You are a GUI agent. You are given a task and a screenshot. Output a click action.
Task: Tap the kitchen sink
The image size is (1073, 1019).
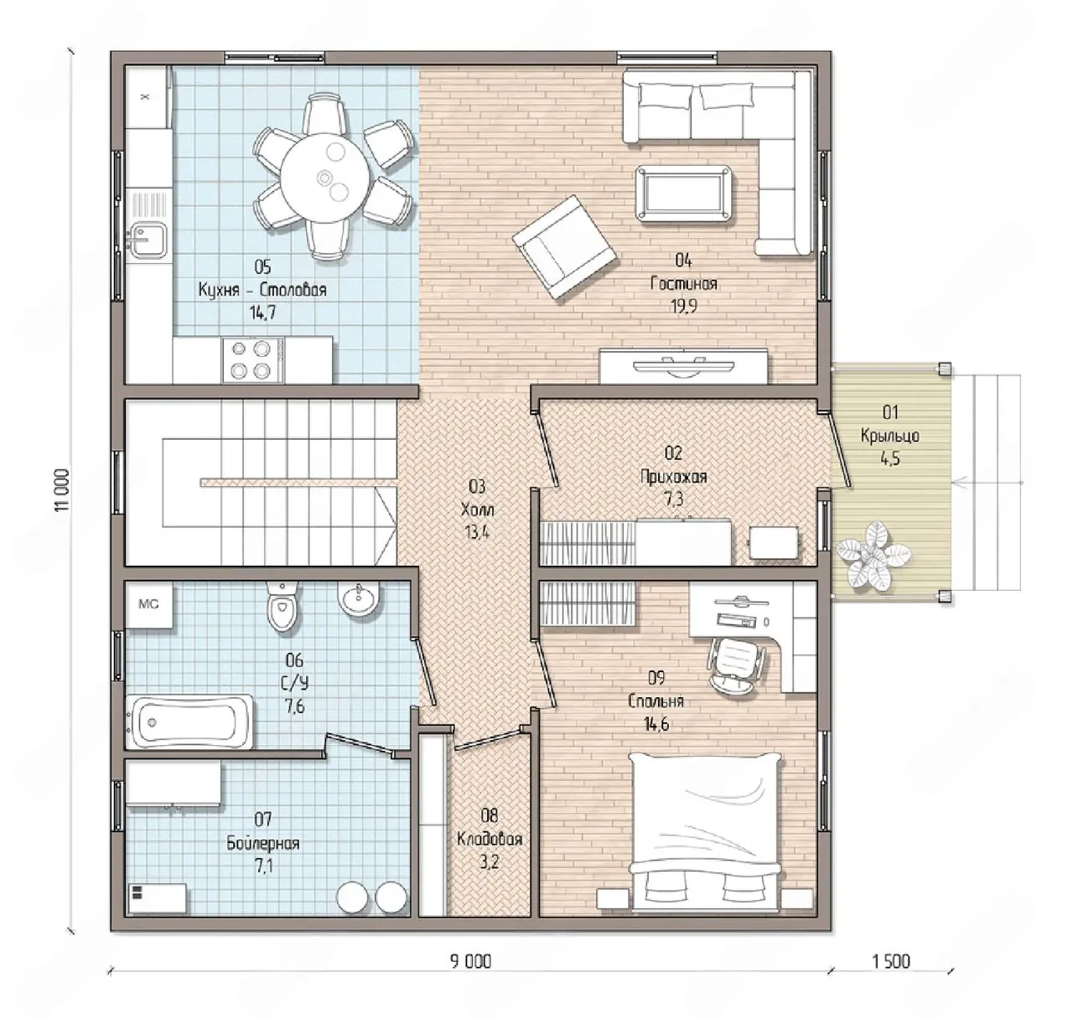[x=146, y=239]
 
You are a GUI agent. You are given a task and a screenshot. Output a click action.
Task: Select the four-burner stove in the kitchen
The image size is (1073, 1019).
[x=252, y=359]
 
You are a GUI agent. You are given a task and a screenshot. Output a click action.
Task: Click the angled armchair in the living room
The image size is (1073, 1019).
[x=564, y=246]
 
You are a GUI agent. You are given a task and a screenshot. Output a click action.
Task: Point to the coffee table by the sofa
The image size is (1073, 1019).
[x=682, y=194]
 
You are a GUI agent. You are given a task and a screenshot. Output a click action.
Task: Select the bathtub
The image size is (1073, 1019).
[x=189, y=722]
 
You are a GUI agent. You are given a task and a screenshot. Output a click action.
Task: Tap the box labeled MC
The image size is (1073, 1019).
[x=149, y=605]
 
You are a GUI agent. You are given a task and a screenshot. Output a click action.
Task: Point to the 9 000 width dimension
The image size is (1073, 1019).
[x=470, y=961]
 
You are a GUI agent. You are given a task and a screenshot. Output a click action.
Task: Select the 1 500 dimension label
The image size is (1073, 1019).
[x=891, y=961]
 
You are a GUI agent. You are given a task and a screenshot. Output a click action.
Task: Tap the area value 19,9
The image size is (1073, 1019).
[x=684, y=306]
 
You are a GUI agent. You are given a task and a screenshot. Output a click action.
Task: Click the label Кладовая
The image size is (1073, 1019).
[x=490, y=839]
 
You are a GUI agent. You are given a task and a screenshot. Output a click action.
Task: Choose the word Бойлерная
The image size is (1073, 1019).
[x=263, y=843]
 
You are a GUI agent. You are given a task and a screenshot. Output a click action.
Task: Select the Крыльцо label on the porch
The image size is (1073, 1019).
[x=890, y=436]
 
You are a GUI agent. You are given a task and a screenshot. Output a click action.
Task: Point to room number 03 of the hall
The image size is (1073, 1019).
[x=477, y=486]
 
